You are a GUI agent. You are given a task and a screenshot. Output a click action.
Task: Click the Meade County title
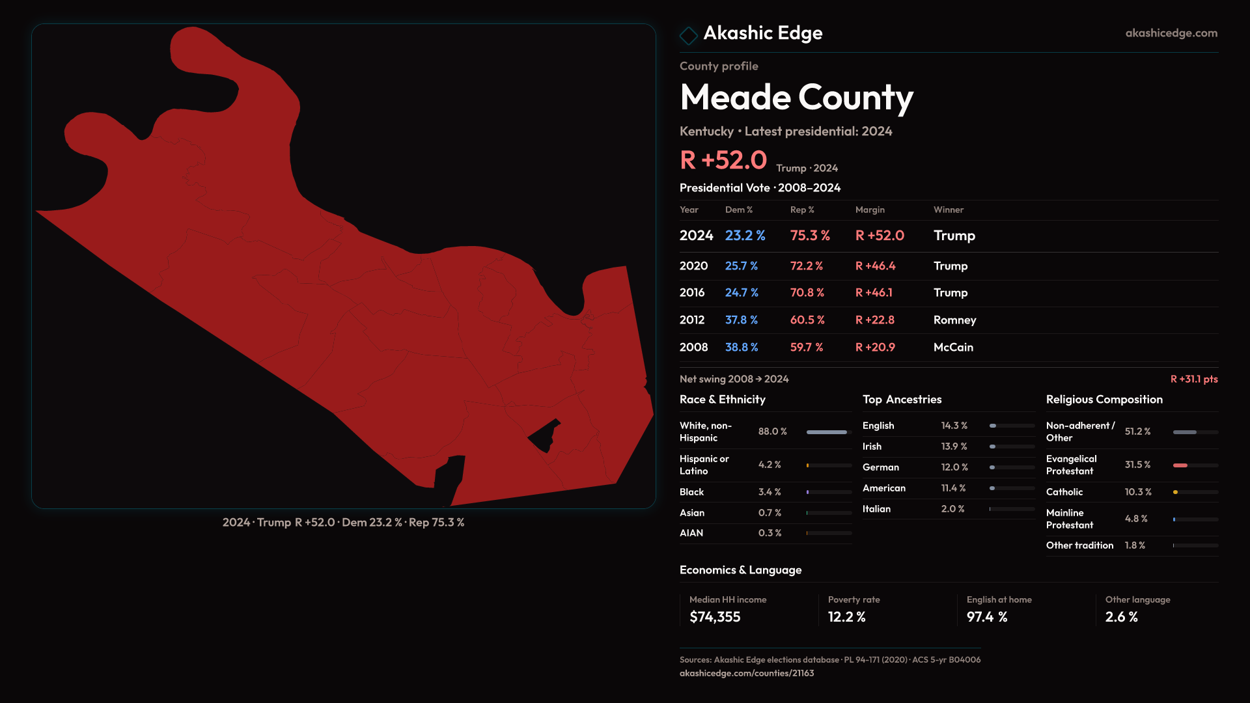[x=796, y=98]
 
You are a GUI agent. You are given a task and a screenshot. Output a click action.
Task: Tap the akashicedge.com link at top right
[x=1171, y=33]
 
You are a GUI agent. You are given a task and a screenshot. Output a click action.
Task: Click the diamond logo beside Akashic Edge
[x=688, y=35]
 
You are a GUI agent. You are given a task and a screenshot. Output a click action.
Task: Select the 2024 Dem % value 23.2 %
[x=745, y=236]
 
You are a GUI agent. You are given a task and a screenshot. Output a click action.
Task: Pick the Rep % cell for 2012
[x=807, y=320]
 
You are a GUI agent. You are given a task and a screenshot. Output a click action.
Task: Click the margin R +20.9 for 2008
[x=875, y=348]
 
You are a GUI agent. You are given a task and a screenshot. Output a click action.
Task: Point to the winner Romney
[x=954, y=320]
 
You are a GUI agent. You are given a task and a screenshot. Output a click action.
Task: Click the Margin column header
[x=870, y=210]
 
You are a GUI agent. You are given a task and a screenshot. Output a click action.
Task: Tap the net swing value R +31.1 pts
[x=1193, y=379]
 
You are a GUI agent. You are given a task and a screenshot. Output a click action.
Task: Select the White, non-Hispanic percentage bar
[x=827, y=432]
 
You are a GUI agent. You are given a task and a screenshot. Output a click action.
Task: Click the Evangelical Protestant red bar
[x=1180, y=465]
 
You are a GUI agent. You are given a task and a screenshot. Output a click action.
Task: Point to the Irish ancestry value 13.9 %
[x=954, y=447]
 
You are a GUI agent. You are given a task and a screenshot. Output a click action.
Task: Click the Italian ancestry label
[x=876, y=509]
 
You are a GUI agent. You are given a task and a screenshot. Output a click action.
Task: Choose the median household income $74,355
[x=715, y=617]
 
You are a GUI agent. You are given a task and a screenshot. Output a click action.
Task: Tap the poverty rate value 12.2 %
[x=846, y=617]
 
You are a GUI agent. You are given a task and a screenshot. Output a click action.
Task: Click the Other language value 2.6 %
[x=1121, y=617]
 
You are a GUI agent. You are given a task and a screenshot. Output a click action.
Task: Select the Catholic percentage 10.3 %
[x=1137, y=492]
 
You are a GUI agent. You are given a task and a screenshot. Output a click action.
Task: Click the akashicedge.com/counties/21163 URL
[x=747, y=673]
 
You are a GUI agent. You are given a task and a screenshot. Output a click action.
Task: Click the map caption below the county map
[x=343, y=523]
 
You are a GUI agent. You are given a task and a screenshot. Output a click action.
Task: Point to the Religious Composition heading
[x=1104, y=400]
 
